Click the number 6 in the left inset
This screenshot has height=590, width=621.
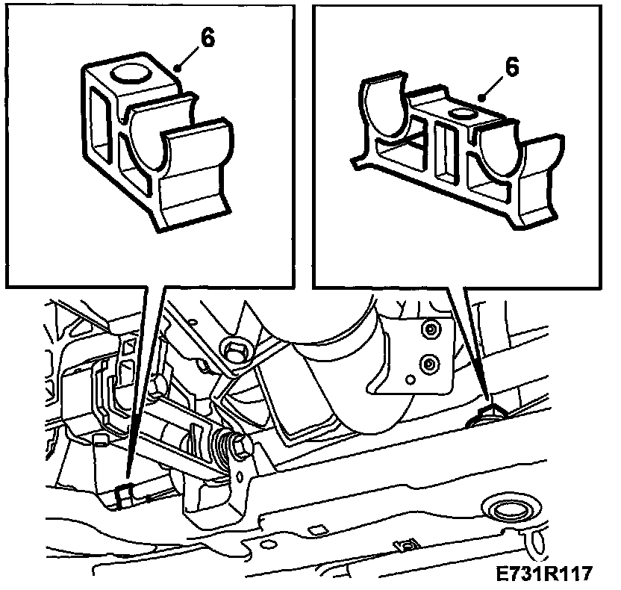tap(207, 38)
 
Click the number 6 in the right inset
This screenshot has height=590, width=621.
tap(512, 67)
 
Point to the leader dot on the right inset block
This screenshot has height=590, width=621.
tap(482, 98)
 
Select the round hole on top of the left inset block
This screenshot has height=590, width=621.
tap(131, 73)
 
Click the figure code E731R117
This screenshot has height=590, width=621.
tap(544, 574)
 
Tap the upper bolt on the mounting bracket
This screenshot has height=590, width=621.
tap(431, 329)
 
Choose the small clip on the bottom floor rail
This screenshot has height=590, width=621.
tap(407, 547)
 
